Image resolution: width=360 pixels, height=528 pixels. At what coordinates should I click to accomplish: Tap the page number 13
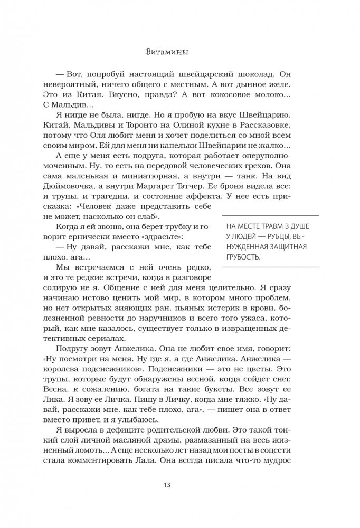179,484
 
